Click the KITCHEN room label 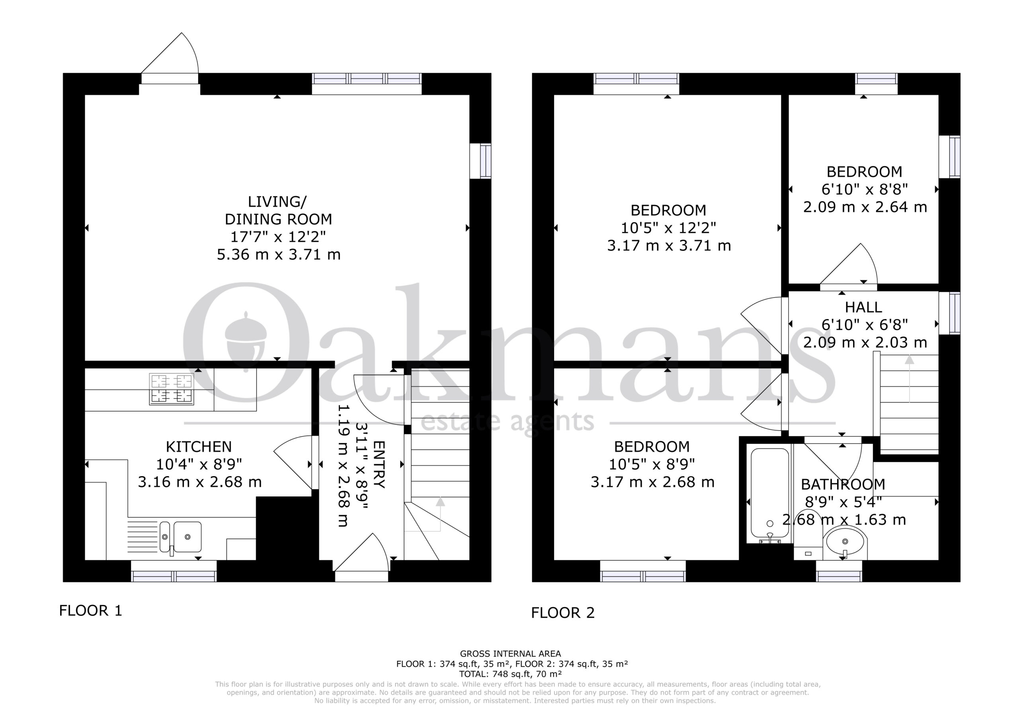199,446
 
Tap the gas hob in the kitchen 172,389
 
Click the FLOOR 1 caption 90,611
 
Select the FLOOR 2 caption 563,613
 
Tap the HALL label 863,307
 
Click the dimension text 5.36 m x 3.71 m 279,255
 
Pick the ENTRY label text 379,465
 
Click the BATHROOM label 843,485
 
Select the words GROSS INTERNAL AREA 510,654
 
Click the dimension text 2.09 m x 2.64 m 865,207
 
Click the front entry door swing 362,552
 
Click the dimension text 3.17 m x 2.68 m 652,482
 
